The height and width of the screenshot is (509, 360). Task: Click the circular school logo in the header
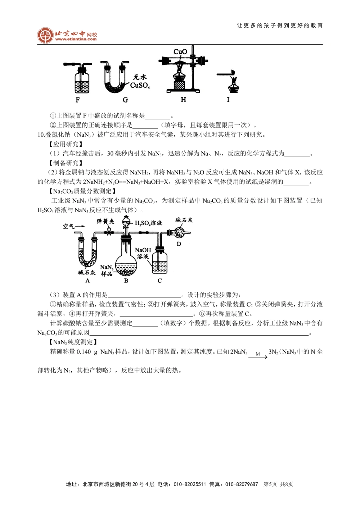click(45, 35)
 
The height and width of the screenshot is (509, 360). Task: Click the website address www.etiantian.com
click(76, 39)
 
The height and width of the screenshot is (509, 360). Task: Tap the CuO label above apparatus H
click(180, 52)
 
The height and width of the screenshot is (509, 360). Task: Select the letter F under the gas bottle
click(78, 100)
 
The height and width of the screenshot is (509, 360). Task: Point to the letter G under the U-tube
click(125, 100)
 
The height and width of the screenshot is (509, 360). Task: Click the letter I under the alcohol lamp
click(228, 100)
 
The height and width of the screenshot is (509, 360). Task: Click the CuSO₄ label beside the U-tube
click(140, 86)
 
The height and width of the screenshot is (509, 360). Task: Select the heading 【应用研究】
click(66, 144)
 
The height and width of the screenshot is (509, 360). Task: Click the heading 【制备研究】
click(66, 163)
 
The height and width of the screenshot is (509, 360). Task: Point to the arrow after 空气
click(80, 226)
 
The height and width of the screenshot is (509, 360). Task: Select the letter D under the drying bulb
click(179, 244)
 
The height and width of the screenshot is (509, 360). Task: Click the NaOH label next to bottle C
click(143, 250)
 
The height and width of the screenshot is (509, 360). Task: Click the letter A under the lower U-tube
click(87, 281)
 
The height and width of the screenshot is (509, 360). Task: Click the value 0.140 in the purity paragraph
click(84, 352)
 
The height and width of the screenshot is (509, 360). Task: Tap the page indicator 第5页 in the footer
click(270, 484)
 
